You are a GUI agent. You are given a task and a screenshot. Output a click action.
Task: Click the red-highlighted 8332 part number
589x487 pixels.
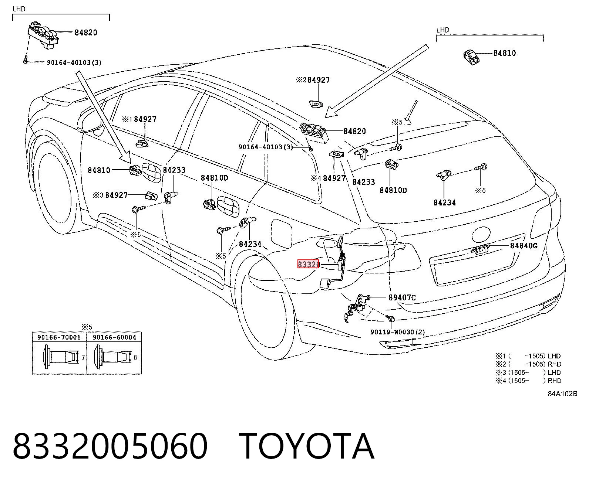click(x=308, y=264)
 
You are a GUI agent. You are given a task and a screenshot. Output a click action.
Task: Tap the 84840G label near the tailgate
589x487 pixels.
click(x=524, y=246)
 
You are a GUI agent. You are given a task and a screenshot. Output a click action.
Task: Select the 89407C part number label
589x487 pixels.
click(x=402, y=297)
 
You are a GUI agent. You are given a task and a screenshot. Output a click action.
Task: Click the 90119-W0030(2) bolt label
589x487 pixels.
click(x=398, y=332)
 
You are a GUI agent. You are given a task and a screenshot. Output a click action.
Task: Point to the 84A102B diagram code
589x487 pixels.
click(x=562, y=394)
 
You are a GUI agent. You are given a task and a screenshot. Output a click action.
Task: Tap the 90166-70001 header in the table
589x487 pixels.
click(x=59, y=337)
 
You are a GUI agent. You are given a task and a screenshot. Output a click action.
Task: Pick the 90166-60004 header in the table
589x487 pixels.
click(x=115, y=337)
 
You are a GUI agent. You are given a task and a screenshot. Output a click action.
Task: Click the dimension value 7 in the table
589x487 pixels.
click(x=83, y=358)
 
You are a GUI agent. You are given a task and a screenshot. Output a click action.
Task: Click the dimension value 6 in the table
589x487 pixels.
click(x=135, y=358)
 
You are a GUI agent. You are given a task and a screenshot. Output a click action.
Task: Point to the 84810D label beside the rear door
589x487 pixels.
click(x=214, y=178)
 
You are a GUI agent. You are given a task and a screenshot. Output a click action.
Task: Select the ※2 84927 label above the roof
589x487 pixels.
click(x=313, y=80)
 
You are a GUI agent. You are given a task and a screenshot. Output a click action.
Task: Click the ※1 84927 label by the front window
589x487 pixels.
click(x=139, y=119)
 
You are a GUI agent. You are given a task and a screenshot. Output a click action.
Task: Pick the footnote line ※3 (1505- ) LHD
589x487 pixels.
click(x=528, y=372)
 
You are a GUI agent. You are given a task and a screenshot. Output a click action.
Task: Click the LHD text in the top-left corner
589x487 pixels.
click(x=19, y=9)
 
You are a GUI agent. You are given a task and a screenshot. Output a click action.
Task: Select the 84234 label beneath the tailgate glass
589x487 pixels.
click(x=445, y=202)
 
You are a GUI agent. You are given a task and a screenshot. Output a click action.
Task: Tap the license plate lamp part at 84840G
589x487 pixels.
click(x=479, y=249)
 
